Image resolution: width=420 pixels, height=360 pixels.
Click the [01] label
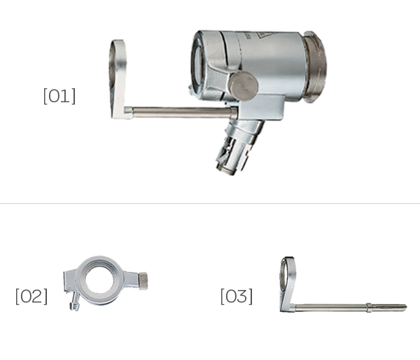(x=59, y=96)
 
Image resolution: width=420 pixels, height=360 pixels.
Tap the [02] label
(x=31, y=296)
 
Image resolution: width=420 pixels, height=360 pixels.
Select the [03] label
(x=237, y=296)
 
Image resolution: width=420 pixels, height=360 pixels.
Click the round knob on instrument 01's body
(x=243, y=85)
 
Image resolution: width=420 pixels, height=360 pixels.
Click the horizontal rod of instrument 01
(x=181, y=112)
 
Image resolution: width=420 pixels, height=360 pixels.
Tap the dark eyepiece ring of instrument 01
(x=314, y=67)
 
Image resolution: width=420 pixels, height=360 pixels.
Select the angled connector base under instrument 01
(x=239, y=147)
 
